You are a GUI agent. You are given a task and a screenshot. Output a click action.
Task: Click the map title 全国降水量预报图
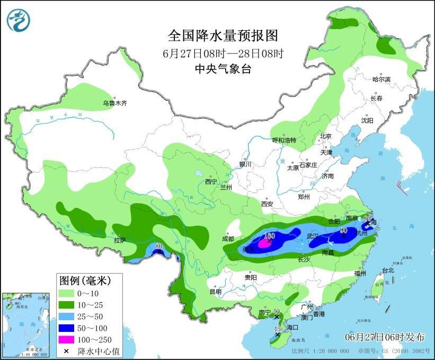[x=223, y=36]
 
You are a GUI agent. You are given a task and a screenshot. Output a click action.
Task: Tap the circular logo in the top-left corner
[x=19, y=20]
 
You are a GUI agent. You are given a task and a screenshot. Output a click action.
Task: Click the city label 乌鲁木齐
[x=114, y=103]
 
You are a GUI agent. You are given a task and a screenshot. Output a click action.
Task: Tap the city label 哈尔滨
[x=381, y=80]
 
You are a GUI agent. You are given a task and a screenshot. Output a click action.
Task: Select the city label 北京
[x=325, y=136]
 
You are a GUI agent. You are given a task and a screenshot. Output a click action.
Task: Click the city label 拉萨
[x=120, y=240]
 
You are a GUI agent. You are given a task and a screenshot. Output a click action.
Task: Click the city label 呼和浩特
[x=284, y=140]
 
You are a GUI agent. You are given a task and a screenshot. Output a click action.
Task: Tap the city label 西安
[x=267, y=204]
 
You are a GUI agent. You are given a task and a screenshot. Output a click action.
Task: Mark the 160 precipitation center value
[x=269, y=235]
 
